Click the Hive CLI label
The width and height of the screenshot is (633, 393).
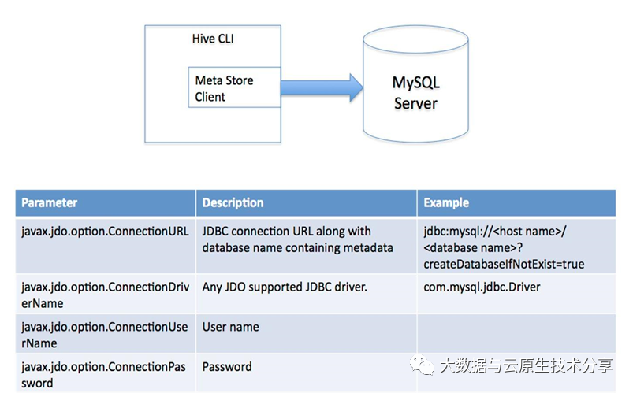click(x=212, y=39)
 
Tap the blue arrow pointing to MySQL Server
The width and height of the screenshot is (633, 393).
click(x=319, y=87)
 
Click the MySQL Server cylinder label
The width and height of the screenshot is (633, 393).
click(x=415, y=93)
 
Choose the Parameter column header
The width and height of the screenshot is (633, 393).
click(x=50, y=202)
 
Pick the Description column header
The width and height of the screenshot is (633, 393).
click(x=233, y=202)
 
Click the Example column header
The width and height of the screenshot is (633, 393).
click(x=446, y=202)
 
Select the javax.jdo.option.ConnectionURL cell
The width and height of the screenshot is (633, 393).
click(x=105, y=232)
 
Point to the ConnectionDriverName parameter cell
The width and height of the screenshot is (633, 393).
click(x=105, y=295)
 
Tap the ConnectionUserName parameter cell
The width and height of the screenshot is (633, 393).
click(x=105, y=335)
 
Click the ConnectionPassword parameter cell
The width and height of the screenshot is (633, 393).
click(x=105, y=374)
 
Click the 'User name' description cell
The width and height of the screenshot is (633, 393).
click(x=231, y=327)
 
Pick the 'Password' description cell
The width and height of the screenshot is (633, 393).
click(x=227, y=366)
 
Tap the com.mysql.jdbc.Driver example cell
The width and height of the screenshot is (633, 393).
click(x=482, y=287)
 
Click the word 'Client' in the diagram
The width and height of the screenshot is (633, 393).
click(x=210, y=97)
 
